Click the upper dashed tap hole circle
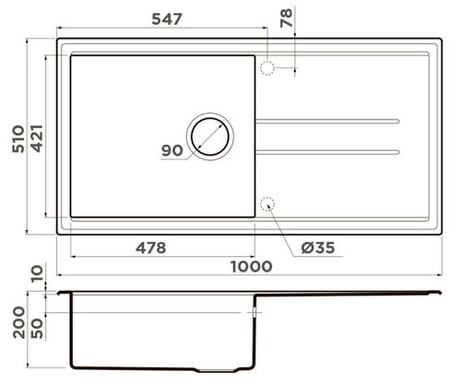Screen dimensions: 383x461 click(268, 68)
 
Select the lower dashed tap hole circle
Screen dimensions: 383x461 click(268, 204)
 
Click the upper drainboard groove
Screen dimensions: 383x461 click(327, 121)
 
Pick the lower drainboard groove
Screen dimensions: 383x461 click(327, 150)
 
